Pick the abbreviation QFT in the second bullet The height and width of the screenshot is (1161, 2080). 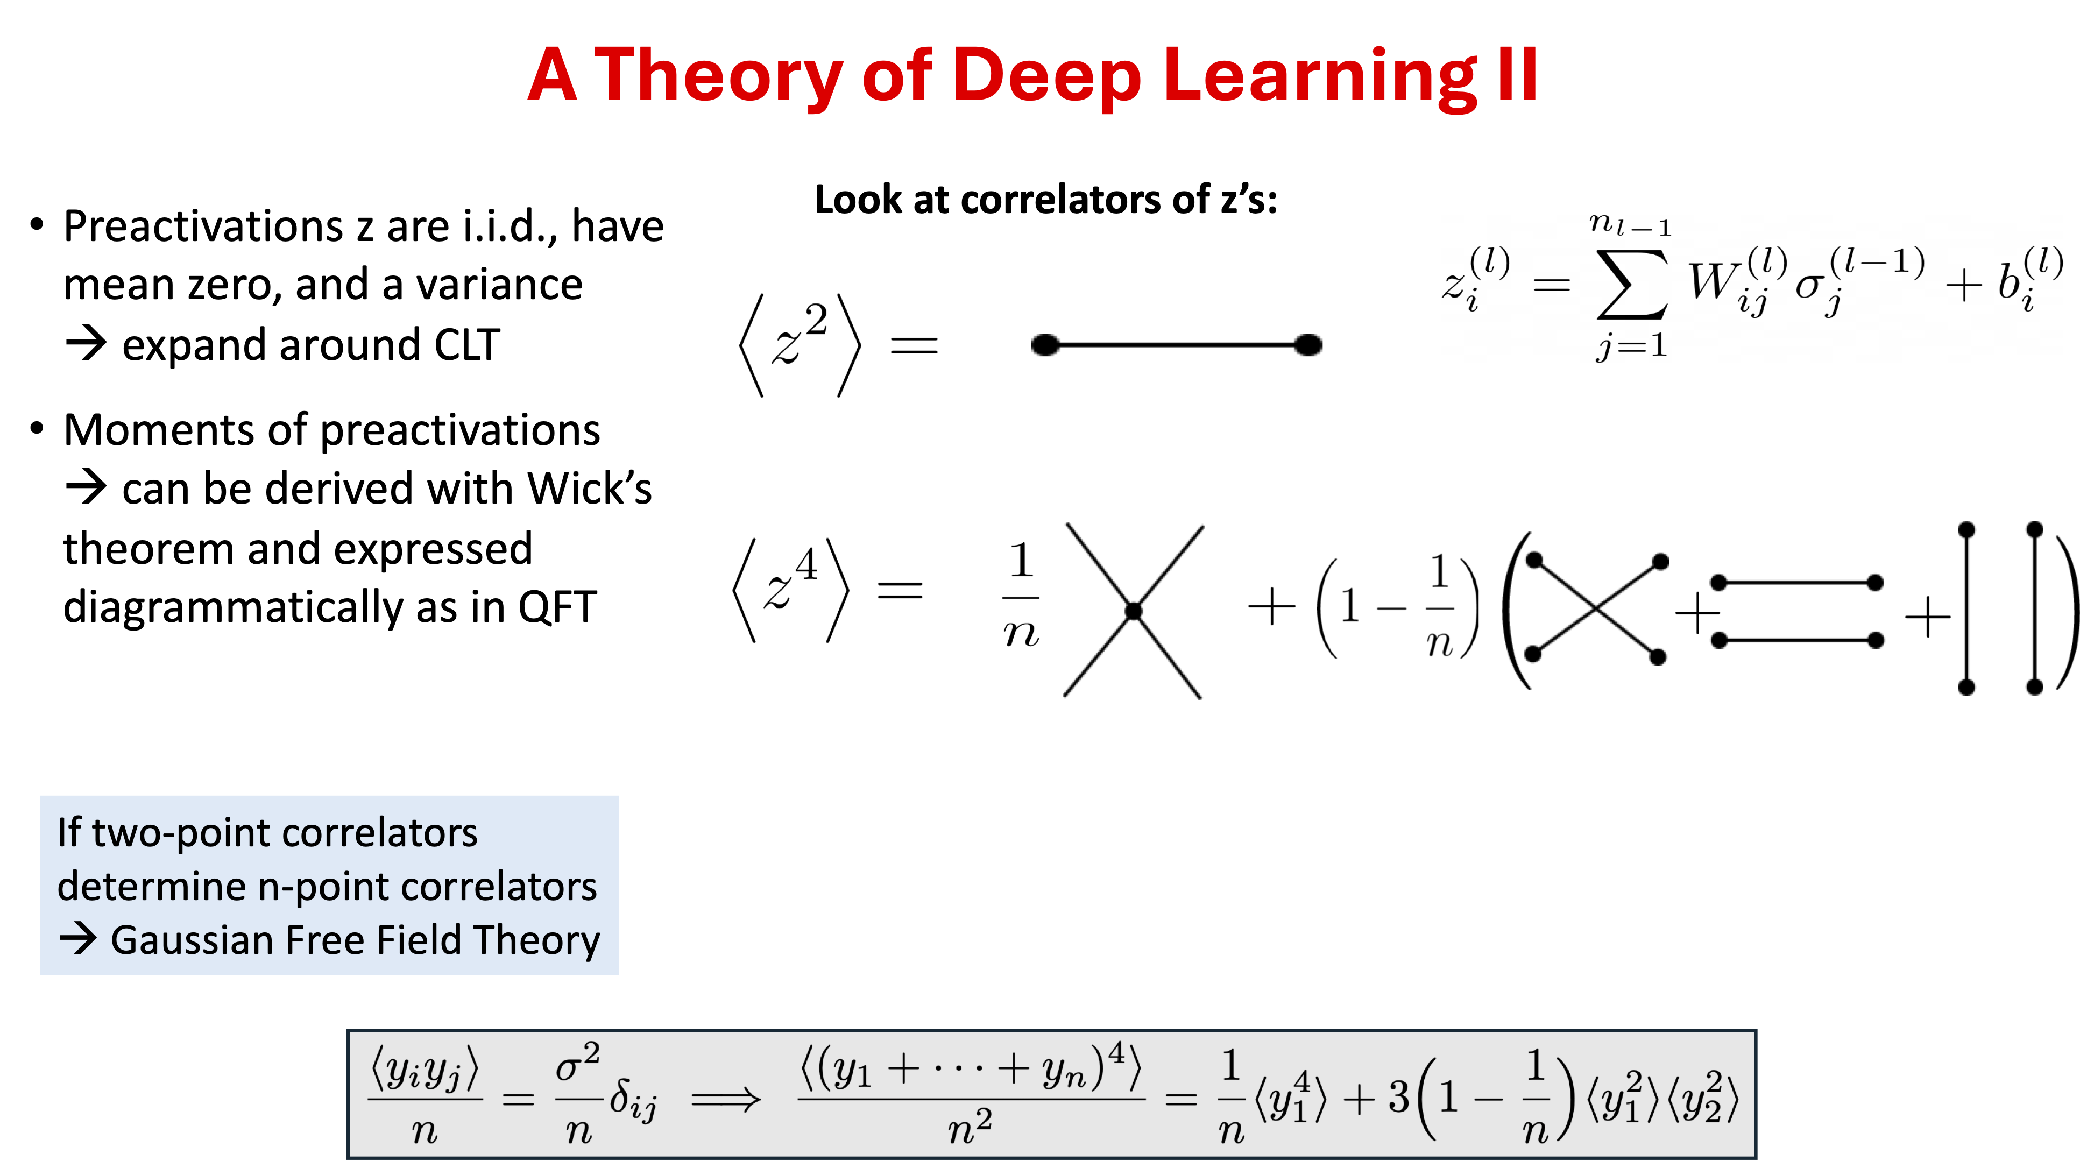[557, 607]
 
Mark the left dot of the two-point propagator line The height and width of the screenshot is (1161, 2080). [1046, 345]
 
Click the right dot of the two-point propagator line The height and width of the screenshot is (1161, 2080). [1308, 345]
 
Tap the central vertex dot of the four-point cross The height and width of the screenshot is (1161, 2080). [1134, 611]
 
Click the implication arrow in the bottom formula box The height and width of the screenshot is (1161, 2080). [726, 1099]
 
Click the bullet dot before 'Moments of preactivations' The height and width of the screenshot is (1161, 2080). [37, 428]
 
